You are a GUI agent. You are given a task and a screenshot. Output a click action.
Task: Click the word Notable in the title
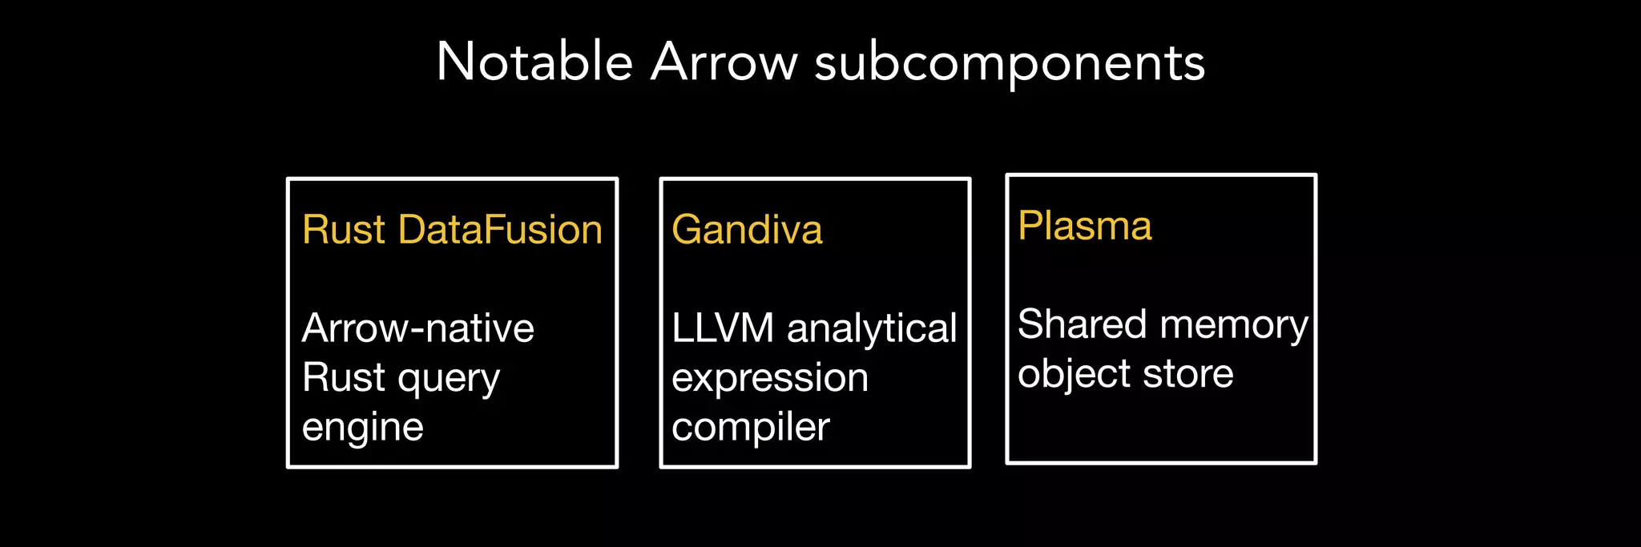click(534, 62)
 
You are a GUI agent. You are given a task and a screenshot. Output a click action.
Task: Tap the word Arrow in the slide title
click(724, 62)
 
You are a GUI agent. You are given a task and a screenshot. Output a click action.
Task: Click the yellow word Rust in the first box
click(344, 230)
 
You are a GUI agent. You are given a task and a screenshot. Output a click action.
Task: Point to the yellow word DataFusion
click(500, 230)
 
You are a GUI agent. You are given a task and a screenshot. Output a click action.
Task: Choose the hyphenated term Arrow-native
click(417, 328)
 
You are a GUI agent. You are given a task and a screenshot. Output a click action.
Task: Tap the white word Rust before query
click(344, 377)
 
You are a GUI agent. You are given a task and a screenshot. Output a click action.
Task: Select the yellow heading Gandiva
click(747, 230)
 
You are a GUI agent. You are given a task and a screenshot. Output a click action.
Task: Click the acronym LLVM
click(723, 328)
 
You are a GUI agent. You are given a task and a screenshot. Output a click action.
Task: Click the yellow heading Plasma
click(1085, 226)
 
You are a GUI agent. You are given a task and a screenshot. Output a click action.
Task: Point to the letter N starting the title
click(454, 62)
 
